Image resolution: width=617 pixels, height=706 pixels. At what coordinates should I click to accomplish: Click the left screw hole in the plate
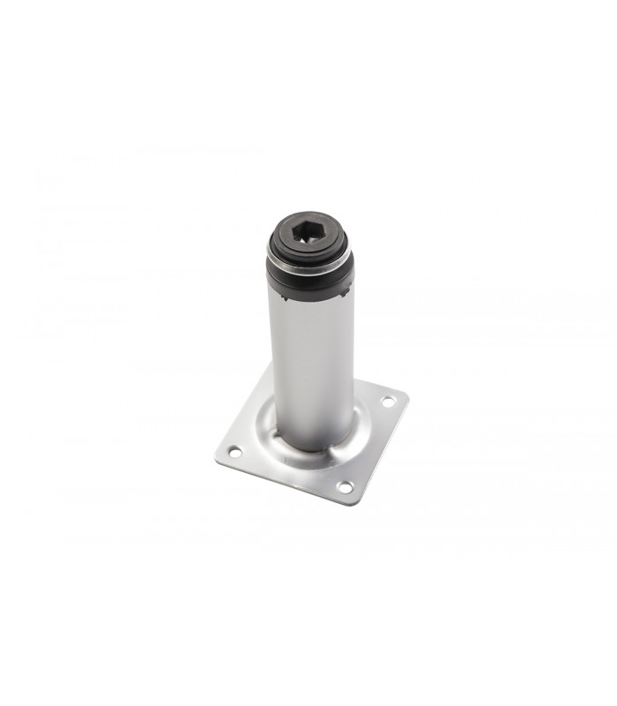click(235, 452)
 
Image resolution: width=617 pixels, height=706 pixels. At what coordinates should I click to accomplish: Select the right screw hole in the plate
click(387, 402)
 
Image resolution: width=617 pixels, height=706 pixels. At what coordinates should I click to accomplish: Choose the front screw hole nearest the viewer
click(344, 486)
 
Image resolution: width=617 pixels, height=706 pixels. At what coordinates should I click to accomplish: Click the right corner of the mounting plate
click(407, 394)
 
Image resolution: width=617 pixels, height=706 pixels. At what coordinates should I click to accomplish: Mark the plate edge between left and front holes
click(282, 483)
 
